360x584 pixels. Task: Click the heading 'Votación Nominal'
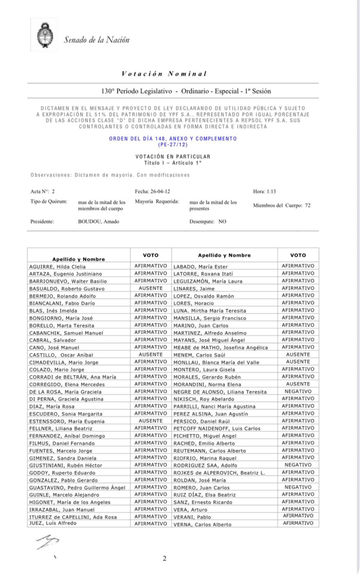[x=164, y=74]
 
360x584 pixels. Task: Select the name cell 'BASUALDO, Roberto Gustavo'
[x=62, y=289]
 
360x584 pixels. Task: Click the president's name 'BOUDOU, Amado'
[x=99, y=221]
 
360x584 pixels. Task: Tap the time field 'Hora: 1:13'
[x=265, y=191]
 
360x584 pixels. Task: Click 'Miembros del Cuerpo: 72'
[x=282, y=206]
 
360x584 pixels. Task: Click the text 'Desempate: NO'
[x=208, y=221]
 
